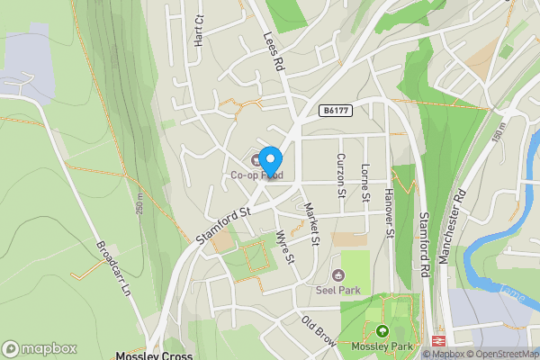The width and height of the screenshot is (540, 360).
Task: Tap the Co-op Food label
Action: [x=262, y=175]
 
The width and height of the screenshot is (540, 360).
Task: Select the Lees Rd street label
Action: [x=274, y=51]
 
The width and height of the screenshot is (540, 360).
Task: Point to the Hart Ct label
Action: [x=199, y=31]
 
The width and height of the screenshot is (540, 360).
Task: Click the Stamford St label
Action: [x=221, y=225]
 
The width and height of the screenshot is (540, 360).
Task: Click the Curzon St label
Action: [x=341, y=175]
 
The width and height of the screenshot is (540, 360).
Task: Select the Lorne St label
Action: [x=365, y=183]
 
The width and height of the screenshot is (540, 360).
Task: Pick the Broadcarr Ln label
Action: [x=114, y=267]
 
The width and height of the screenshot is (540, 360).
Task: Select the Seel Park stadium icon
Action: [x=339, y=274]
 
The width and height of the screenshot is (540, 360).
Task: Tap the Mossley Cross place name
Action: [x=154, y=355]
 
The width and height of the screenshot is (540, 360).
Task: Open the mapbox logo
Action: [x=39, y=348]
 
